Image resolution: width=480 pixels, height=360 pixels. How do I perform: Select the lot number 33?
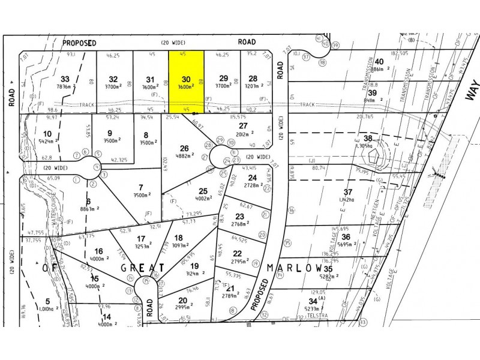click(x=65, y=79)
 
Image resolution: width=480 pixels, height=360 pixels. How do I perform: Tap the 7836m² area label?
click(x=65, y=86)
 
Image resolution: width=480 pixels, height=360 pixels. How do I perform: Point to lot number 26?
click(x=184, y=148)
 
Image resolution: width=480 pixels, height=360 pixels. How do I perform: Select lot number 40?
click(x=379, y=61)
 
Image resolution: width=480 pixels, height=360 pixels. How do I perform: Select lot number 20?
click(x=182, y=300)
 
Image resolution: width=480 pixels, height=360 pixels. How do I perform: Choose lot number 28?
click(x=253, y=79)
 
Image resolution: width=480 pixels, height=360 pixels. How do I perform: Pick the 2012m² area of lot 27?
click(x=243, y=134)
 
